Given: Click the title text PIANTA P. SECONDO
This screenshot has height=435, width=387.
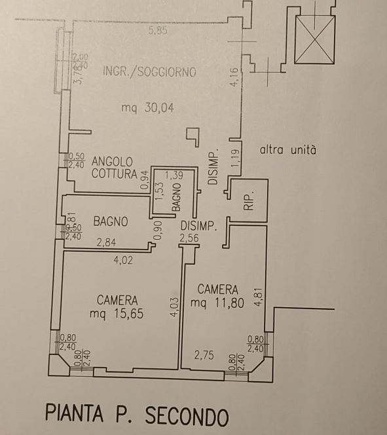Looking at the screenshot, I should click(x=137, y=415).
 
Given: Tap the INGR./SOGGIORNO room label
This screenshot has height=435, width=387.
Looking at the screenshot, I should click(x=149, y=72).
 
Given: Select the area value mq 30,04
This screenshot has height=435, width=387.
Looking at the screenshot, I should click(x=147, y=109).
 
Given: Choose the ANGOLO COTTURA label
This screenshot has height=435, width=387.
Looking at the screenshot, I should click(x=113, y=167).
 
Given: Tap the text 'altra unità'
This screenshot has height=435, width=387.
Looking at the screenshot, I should click(x=287, y=149).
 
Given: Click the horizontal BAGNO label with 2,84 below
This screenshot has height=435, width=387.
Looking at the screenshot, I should click(x=110, y=221).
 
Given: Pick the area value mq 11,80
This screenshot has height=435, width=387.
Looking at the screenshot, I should click(x=217, y=302).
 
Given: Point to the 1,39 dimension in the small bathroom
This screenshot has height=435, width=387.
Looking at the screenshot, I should click(x=174, y=175).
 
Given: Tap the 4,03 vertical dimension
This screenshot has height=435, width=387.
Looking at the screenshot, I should click(x=174, y=307).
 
